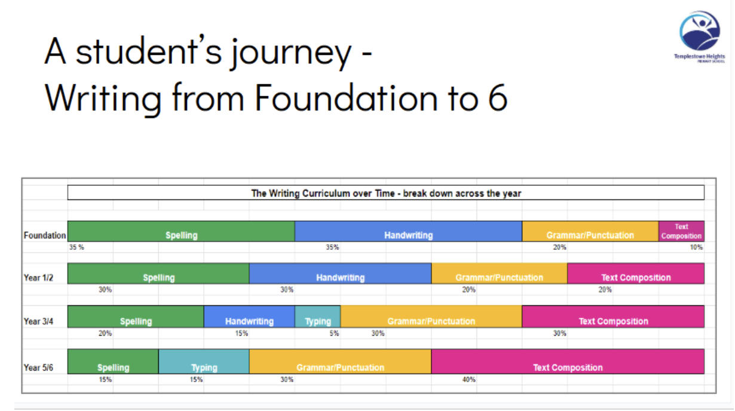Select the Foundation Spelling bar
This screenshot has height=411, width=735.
click(x=181, y=231)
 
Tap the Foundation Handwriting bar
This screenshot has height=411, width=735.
click(x=408, y=231)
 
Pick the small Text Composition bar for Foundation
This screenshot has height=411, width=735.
click(x=681, y=231)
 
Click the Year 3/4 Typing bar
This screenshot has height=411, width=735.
click(x=318, y=317)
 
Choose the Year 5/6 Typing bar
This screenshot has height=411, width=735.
click(x=204, y=361)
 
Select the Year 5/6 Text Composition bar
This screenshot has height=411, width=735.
click(x=568, y=361)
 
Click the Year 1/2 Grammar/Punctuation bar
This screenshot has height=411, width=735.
click(x=499, y=274)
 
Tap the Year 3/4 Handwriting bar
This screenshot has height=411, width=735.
click(x=249, y=317)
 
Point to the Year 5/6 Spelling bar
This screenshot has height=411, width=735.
click(x=113, y=361)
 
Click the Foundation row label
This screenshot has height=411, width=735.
click(x=45, y=235)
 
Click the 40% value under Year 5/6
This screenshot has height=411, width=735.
click(x=468, y=379)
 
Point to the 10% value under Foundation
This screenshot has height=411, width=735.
click(x=696, y=247)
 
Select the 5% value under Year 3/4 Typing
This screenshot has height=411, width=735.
click(x=334, y=334)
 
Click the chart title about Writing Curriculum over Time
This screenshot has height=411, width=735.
click(x=386, y=194)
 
